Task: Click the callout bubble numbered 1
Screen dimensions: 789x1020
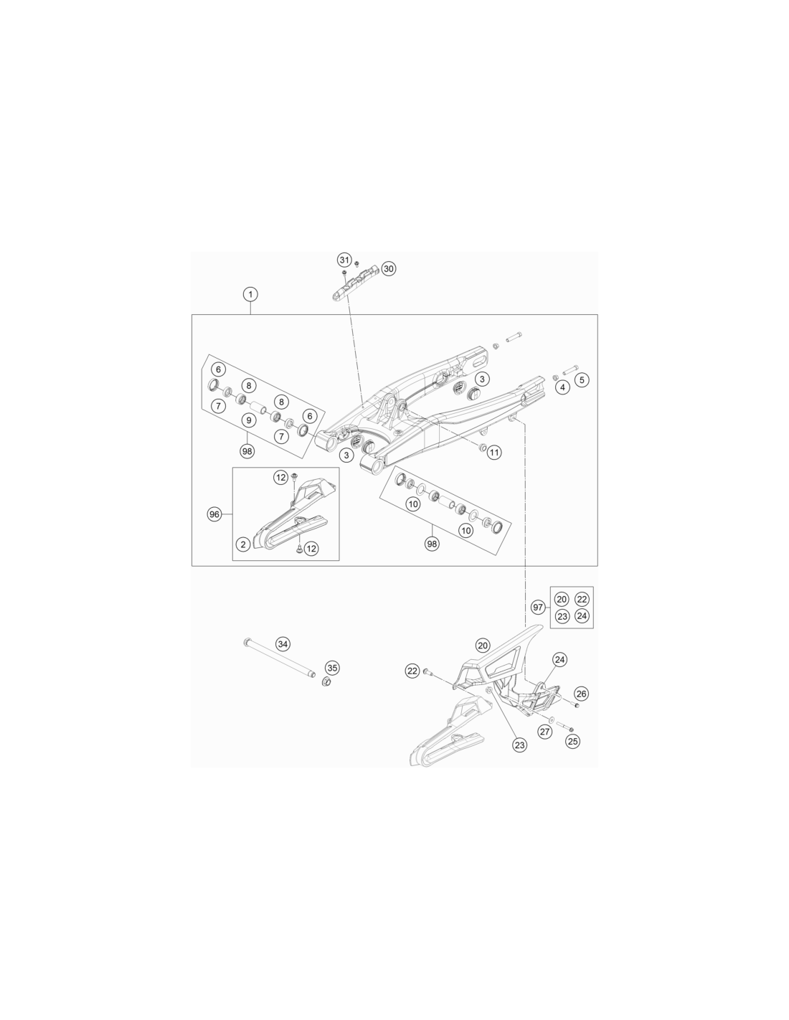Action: pos(250,294)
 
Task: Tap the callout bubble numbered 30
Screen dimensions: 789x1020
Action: pos(388,268)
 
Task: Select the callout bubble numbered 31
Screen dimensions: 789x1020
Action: pos(344,260)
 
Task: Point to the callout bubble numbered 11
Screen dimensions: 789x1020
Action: pos(493,452)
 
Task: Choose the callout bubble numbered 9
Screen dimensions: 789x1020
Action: pos(248,420)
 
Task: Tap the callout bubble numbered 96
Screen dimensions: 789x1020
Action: pos(214,514)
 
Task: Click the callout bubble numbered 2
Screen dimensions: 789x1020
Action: pos(243,544)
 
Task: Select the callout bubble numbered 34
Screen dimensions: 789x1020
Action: pos(283,644)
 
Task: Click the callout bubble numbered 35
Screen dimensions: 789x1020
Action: pos(332,668)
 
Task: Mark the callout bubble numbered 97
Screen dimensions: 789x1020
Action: pos(538,607)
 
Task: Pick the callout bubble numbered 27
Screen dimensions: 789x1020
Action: pos(544,732)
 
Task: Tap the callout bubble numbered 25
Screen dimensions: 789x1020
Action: pos(572,741)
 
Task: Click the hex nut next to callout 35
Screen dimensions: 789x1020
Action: pos(324,681)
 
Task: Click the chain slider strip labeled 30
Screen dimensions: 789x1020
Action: pos(353,283)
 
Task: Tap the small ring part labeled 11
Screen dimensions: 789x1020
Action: pos(481,446)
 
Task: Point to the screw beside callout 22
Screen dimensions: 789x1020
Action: pos(427,672)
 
